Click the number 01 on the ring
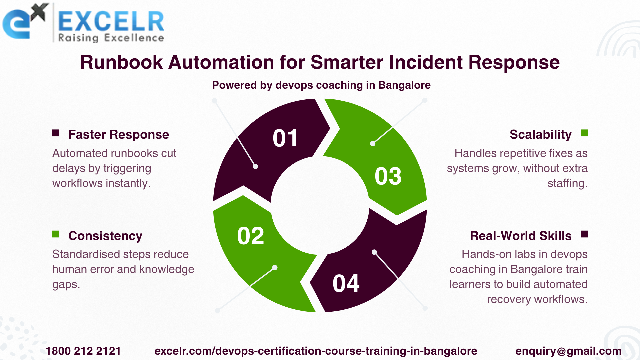[x=285, y=138]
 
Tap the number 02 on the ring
[x=251, y=236]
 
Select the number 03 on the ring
[x=388, y=176]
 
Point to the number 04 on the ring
[x=346, y=284]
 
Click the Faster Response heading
[x=119, y=134]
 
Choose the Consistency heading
[x=105, y=236]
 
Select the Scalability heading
[x=541, y=134]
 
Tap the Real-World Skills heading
[x=521, y=236]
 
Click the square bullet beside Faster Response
[x=56, y=133]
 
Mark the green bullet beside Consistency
[x=56, y=234]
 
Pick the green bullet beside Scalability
[x=584, y=133]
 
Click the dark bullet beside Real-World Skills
[x=584, y=234]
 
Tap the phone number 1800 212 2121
[x=83, y=351]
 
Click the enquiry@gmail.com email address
[x=568, y=351]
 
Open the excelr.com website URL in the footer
[x=316, y=351]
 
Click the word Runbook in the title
[x=122, y=62]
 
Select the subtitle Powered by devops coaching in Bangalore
[x=321, y=85]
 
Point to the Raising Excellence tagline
[x=111, y=38]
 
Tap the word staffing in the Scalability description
[x=567, y=183]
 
